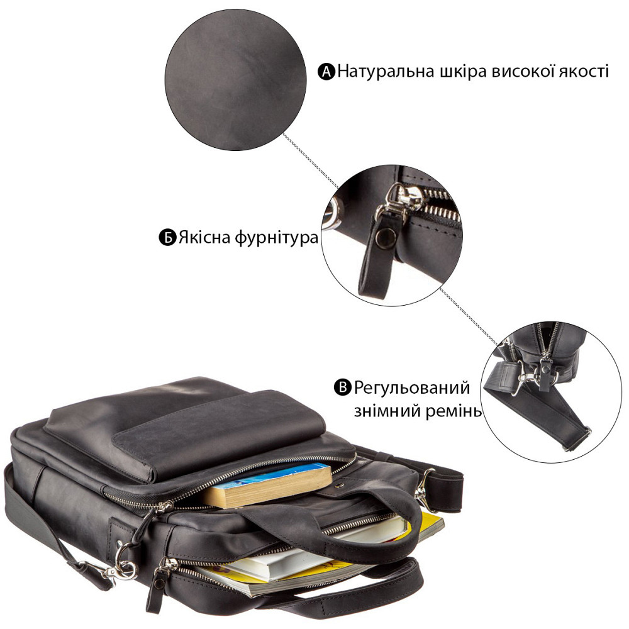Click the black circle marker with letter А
tap(326, 72)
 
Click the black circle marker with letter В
tap(343, 387)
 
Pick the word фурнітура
tap(276, 238)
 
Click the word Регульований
tap(412, 388)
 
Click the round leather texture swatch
tap(236, 81)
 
